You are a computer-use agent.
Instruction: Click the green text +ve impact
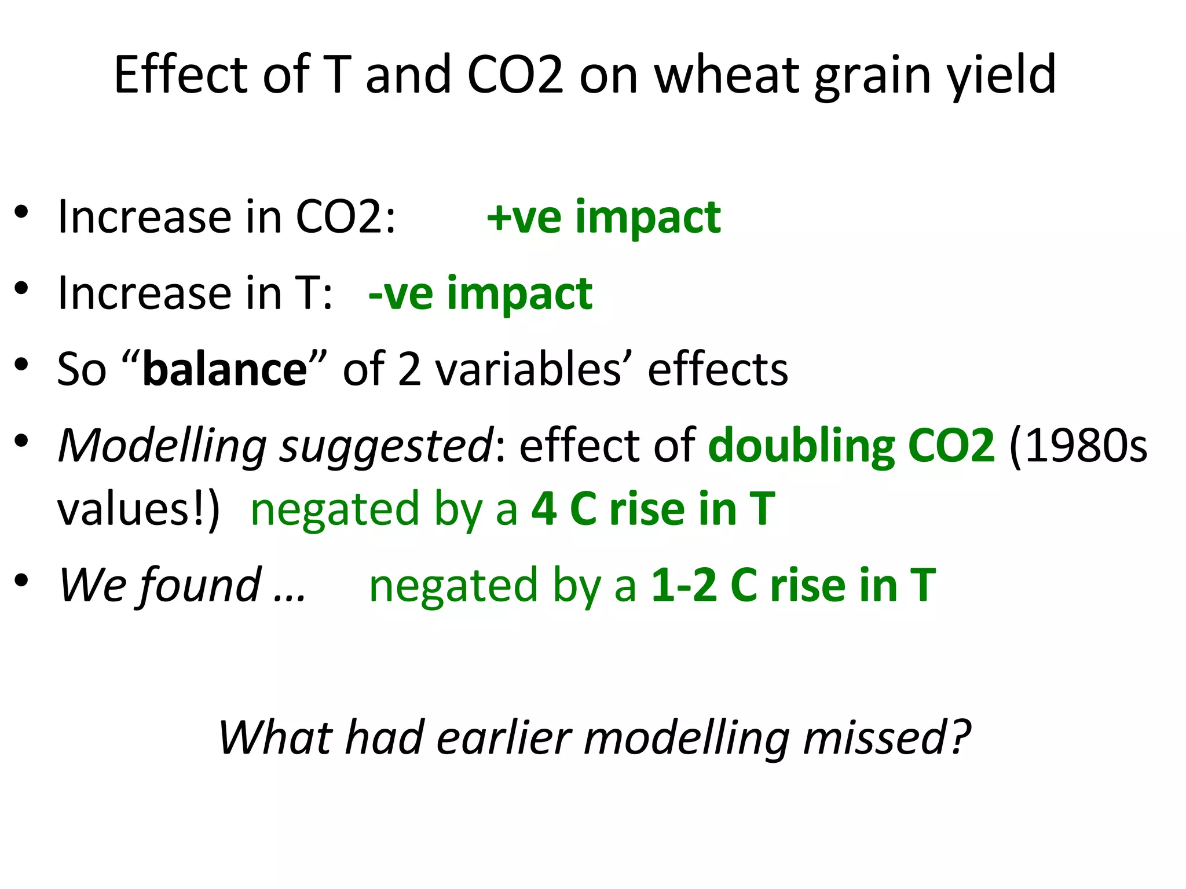point(604,218)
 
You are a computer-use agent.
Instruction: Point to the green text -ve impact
point(480,293)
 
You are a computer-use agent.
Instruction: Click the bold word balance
point(225,369)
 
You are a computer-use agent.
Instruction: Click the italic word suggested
point(386,447)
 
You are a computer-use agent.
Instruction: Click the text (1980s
point(1078,446)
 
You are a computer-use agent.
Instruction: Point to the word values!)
point(138,509)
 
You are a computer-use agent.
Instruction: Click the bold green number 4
point(544,509)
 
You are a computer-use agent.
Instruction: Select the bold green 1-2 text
point(684,585)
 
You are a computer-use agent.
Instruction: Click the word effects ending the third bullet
point(718,369)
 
